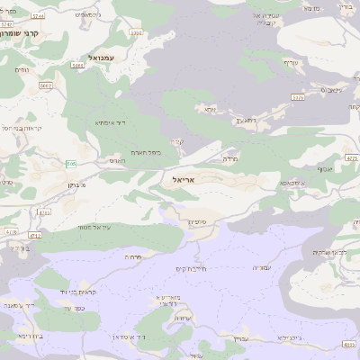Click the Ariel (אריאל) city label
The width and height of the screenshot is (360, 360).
(181, 179)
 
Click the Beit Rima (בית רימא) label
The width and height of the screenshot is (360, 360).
(27, 335)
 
